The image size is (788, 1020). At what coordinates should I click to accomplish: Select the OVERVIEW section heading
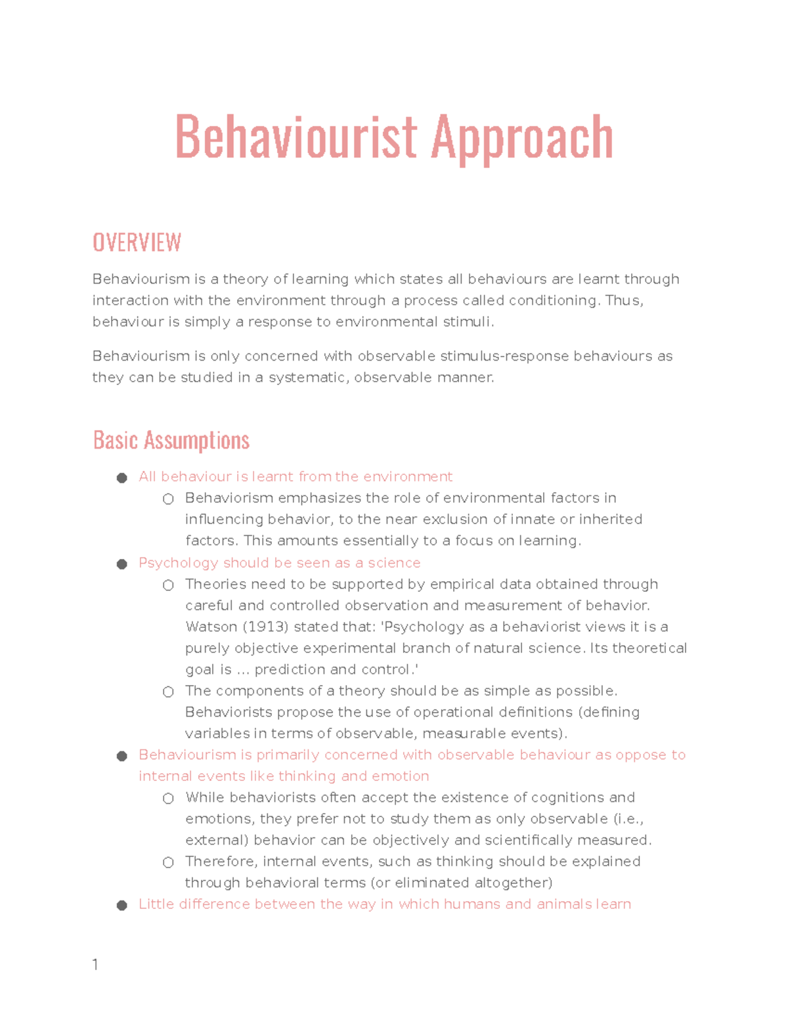pyautogui.click(x=137, y=242)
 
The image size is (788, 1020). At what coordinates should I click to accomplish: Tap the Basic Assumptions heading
pyautogui.click(x=171, y=440)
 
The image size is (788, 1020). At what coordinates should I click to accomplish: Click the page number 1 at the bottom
pyautogui.click(x=95, y=964)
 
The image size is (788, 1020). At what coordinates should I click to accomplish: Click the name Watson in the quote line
pyautogui.click(x=205, y=627)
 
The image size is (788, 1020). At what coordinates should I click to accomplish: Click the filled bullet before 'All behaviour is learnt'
pyautogui.click(x=121, y=477)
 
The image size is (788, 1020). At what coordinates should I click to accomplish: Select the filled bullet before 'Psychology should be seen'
pyautogui.click(x=121, y=564)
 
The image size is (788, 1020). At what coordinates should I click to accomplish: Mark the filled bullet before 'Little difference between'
pyautogui.click(x=121, y=905)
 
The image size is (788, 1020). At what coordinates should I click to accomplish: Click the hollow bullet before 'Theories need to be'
pyautogui.click(x=168, y=585)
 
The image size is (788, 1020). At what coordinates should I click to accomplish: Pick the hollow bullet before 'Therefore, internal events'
pyautogui.click(x=168, y=862)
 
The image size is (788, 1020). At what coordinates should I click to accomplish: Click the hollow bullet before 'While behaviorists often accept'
pyautogui.click(x=168, y=798)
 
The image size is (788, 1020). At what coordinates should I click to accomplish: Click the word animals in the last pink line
pyautogui.click(x=564, y=904)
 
